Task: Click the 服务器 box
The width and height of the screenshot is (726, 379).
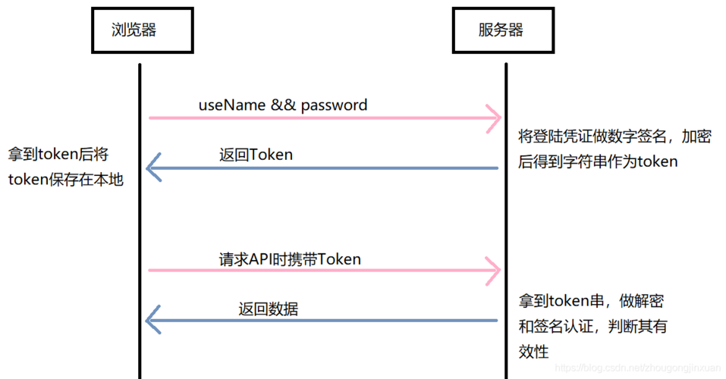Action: coord(501,31)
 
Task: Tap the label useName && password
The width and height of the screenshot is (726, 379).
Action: coord(283,105)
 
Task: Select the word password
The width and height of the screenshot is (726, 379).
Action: coord(335,105)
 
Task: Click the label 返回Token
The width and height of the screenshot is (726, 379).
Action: coord(256,155)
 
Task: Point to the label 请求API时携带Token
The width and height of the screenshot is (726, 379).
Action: coord(290,258)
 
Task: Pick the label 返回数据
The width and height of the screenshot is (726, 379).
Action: coord(268,309)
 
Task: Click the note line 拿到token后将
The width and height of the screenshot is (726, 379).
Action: coord(58,155)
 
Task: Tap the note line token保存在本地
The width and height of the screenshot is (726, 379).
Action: coord(65,180)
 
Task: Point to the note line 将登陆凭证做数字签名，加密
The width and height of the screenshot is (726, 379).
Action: coord(614,136)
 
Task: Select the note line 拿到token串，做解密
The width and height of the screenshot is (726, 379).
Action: coord(592,301)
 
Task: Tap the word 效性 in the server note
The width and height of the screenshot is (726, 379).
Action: coord(533,351)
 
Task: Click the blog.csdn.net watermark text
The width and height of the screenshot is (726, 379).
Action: coord(637,368)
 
